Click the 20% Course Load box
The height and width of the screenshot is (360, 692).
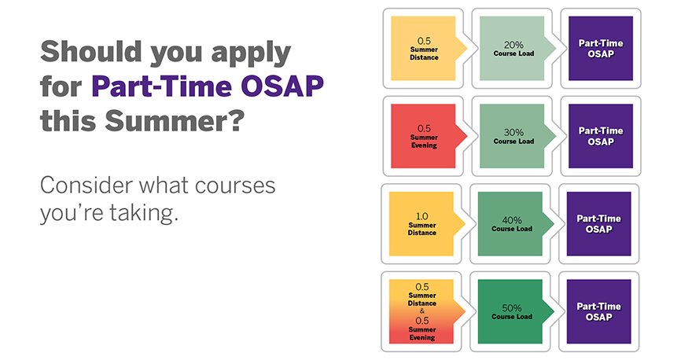tap(512, 49)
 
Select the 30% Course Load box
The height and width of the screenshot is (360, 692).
tap(512, 136)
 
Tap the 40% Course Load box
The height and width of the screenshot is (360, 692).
tap(510, 224)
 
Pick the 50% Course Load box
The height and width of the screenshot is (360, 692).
tap(510, 311)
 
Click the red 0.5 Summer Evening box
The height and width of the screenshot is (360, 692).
tap(423, 136)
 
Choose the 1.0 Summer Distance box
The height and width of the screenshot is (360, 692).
tap(421, 224)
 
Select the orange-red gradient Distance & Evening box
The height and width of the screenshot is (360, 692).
tap(421, 311)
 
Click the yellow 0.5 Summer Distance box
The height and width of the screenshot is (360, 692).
tap(423, 49)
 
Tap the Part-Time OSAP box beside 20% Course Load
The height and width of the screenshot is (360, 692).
tap(601, 49)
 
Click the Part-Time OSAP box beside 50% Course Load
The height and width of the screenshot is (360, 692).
tap(599, 311)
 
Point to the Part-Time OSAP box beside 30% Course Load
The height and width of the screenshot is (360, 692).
tap(601, 136)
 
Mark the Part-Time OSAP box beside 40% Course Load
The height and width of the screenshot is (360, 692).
tap(599, 224)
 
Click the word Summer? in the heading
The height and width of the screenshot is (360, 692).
tap(175, 120)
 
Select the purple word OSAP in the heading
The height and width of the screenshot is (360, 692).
tap(282, 86)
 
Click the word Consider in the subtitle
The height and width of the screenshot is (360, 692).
tap(86, 186)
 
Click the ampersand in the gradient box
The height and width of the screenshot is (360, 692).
tap(422, 311)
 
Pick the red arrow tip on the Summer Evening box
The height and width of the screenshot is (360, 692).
tap(466, 136)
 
